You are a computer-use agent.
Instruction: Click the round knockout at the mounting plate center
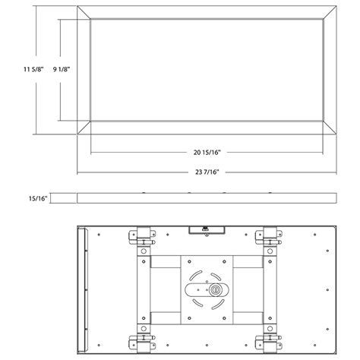(x=213, y=289)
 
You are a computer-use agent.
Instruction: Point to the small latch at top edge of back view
(x=204, y=227)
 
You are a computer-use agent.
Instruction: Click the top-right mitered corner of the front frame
(x=330, y=12)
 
